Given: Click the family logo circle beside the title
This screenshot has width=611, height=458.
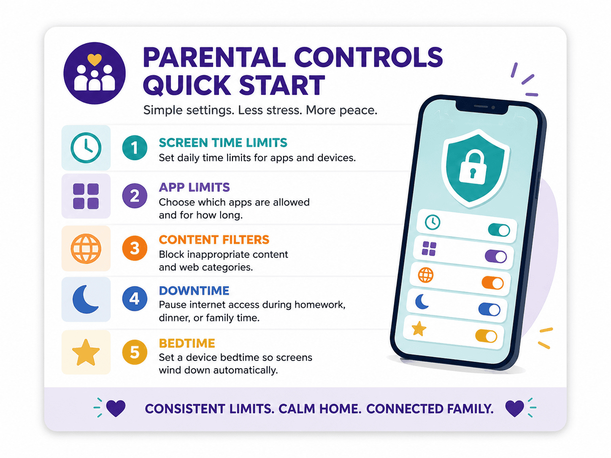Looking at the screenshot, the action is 95,73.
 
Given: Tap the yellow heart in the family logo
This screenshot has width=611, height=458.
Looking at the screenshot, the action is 95,59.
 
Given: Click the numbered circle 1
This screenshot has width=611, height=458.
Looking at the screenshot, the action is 135,148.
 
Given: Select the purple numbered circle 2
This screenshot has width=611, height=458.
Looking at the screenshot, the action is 135,196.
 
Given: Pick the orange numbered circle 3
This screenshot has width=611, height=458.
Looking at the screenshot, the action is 135,248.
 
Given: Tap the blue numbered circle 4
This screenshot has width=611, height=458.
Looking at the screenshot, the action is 135,299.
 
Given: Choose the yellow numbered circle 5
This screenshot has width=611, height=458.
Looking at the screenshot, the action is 135,352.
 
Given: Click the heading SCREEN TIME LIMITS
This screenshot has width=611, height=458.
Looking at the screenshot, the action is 223,143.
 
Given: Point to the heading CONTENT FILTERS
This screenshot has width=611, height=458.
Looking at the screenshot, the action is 214,240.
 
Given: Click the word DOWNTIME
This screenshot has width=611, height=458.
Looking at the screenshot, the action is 194,291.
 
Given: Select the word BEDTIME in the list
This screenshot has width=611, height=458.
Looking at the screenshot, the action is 187,343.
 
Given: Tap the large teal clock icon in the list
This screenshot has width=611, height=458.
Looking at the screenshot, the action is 86,148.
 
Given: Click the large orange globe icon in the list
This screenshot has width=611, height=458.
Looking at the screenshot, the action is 86,248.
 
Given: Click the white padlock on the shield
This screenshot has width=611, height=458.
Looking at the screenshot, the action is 472,167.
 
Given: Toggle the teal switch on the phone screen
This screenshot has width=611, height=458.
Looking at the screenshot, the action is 499,230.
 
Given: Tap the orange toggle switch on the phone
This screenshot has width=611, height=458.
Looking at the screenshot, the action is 493,283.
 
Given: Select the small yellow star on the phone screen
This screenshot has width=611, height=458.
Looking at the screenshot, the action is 419,329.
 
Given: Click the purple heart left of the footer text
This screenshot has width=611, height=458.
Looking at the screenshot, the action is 116,408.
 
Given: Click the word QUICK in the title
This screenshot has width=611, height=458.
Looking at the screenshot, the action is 187,85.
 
